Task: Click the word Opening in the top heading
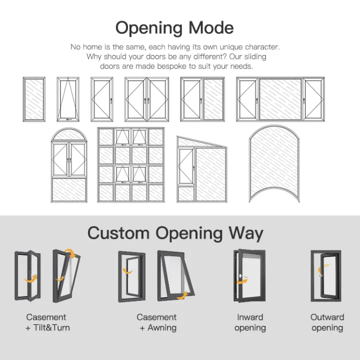tap(148, 27)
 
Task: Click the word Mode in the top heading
tap(211, 27)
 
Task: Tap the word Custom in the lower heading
tap(118, 232)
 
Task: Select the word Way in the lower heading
tap(250, 232)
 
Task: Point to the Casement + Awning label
tap(156, 322)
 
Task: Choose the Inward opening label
tap(249, 322)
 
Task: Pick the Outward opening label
tap(327, 322)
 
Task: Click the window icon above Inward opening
tap(248, 275)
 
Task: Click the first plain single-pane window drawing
tap(34, 99)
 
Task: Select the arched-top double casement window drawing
tap(69, 164)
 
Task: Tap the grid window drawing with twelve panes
tap(130, 164)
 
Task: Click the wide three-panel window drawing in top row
tap(280, 99)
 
